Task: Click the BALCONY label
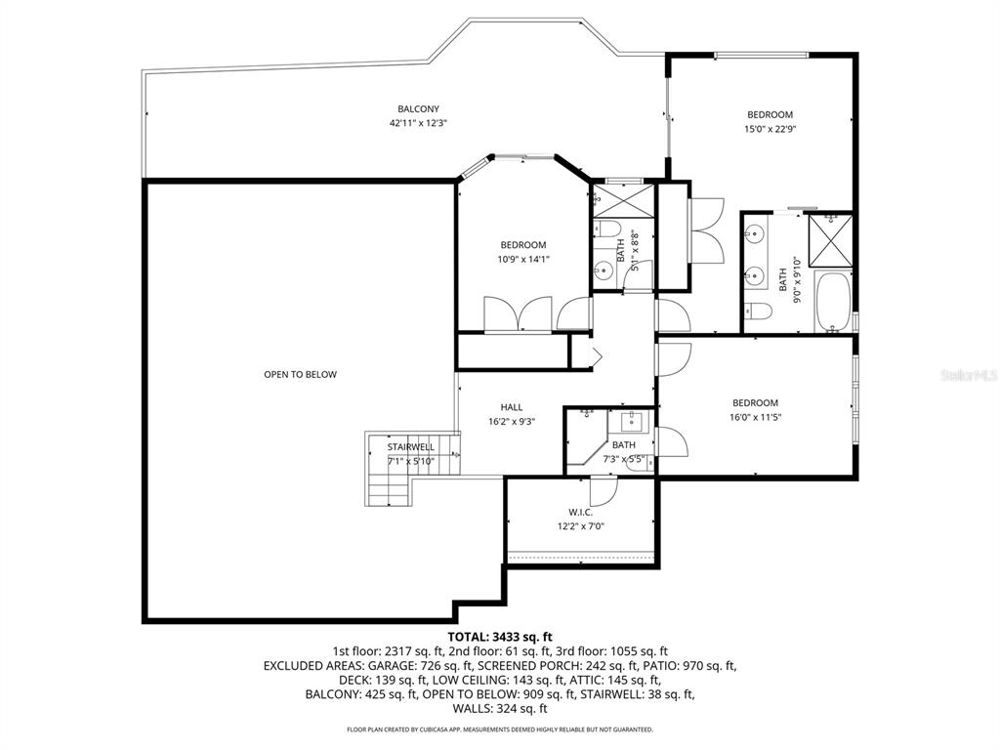[x=418, y=108]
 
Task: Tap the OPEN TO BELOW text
[x=300, y=374]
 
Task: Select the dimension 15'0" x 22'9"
[x=770, y=128]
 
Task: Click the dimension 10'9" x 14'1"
[x=523, y=259]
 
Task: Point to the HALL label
[x=511, y=407]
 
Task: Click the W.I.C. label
[x=580, y=512]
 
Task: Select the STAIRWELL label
[x=410, y=447]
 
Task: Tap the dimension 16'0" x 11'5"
[x=755, y=417]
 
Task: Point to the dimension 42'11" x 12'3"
[x=418, y=123]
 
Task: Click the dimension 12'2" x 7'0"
[x=580, y=526]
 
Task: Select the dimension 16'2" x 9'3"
[x=511, y=422]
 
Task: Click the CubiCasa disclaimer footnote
[x=499, y=729]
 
